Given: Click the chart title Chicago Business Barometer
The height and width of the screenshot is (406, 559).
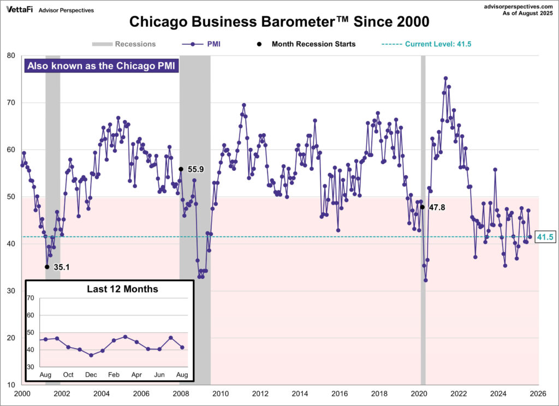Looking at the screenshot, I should point(279,22).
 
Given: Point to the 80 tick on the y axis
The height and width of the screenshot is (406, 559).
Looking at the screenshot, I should point(11,55).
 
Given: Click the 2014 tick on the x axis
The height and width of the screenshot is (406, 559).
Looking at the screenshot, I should point(300,393).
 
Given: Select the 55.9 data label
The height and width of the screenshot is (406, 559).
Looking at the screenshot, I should point(195,169).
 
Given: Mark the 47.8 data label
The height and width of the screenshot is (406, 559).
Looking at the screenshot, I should point(436,207).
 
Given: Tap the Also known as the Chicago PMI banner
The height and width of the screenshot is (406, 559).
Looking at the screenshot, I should point(102,66).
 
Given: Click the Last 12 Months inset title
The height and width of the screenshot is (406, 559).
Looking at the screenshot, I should point(122,289).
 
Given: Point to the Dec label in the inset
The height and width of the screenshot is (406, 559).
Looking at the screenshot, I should point(91,375).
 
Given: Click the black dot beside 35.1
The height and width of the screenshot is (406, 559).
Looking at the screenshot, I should point(47,267).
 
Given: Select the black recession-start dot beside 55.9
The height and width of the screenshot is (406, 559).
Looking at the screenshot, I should point(181,169).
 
